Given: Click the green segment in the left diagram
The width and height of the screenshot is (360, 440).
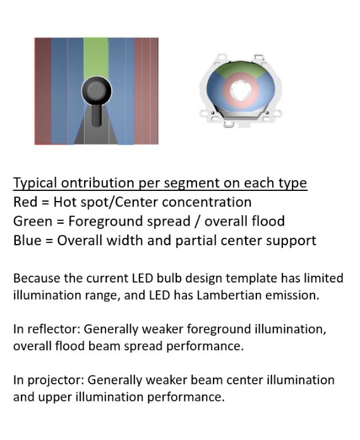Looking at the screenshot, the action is pyautogui.click(x=96, y=58).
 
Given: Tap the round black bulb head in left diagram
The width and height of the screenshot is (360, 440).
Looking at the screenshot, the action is pyautogui.click(x=97, y=90).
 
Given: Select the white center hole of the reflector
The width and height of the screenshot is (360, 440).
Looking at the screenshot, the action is pyautogui.click(x=241, y=90).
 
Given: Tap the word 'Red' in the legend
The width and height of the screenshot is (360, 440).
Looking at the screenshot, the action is pyautogui.click(x=25, y=202).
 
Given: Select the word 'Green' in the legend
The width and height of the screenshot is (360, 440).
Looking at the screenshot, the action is pyautogui.click(x=33, y=221).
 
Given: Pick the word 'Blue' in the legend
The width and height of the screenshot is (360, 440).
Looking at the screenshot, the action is pyautogui.click(x=28, y=240).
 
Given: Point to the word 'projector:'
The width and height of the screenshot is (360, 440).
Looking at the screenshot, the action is pyautogui.click(x=56, y=381).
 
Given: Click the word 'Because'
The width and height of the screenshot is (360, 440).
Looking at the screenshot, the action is pyautogui.click(x=37, y=278).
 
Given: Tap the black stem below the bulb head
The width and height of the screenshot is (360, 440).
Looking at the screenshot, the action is pyautogui.click(x=97, y=115).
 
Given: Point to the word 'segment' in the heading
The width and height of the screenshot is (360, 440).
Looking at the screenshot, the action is pyautogui.click(x=192, y=183).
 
